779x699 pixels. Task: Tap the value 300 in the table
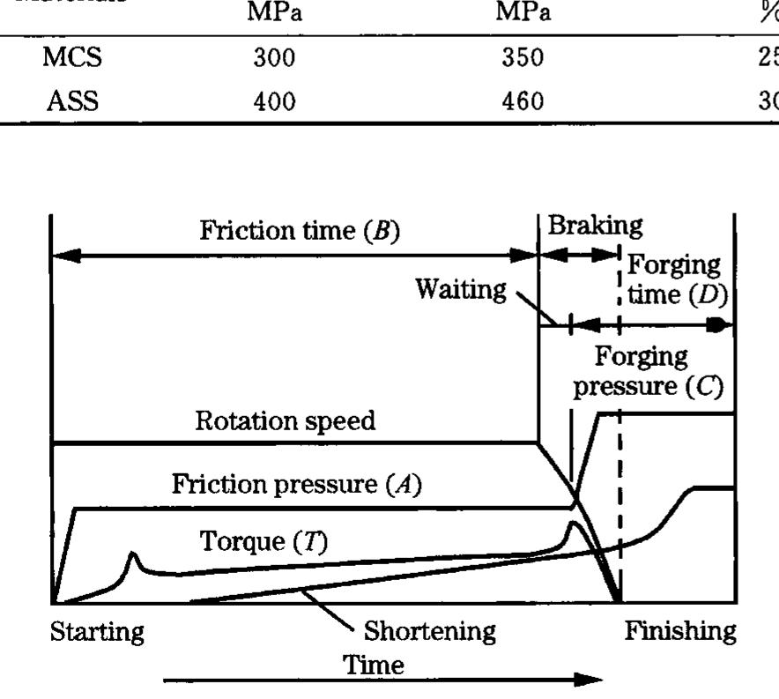(274, 60)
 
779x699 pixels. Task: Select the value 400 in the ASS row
(274, 101)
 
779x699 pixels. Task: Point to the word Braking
(595, 226)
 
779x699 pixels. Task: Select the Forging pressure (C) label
(648, 372)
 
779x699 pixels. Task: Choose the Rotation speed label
(285, 421)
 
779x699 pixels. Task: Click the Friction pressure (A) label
(298, 485)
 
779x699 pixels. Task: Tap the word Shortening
(430, 631)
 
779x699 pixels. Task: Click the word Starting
(97, 631)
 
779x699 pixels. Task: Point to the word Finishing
(679, 631)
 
